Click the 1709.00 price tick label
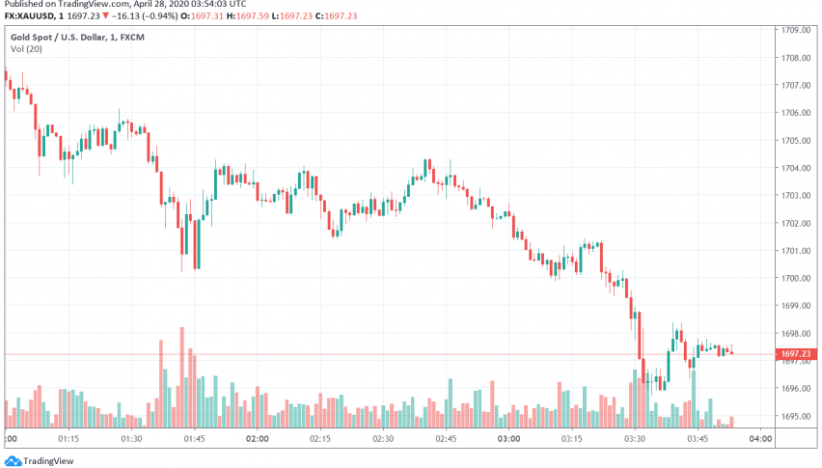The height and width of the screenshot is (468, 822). (795, 30)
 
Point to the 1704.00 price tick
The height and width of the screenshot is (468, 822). (795, 168)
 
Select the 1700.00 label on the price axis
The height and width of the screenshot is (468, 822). (795, 278)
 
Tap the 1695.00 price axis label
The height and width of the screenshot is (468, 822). (795, 416)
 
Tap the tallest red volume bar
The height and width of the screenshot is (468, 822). (181, 376)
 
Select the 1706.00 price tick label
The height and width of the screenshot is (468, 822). (795, 113)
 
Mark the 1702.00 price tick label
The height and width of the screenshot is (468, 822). (795, 223)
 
